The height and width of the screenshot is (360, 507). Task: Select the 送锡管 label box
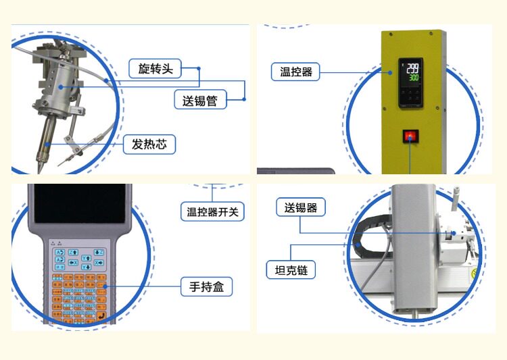coord(200,101)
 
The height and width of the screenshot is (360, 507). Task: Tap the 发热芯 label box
coord(149,144)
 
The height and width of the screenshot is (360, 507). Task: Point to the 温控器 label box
coord(296,72)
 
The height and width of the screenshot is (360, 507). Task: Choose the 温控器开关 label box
coord(213,211)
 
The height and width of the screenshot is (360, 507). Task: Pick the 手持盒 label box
coord(206,287)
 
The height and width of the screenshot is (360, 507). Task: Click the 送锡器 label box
coord(301,207)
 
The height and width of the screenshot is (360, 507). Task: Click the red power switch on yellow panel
coord(410,136)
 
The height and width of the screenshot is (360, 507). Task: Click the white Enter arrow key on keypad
coord(101,315)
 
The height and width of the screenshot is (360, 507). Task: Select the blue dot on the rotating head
coord(61,86)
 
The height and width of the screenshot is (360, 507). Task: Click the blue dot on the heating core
coord(47,144)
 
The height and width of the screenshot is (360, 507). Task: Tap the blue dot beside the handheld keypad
coord(105,287)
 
